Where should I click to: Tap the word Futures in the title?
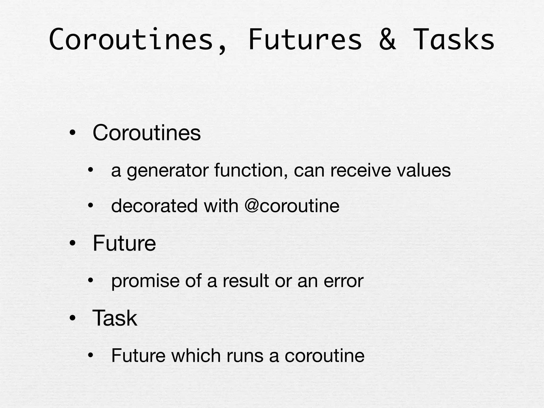305,40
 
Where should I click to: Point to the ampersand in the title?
387,40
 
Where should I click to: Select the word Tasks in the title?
454,40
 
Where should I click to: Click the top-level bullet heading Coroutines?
147,133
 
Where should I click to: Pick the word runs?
245,356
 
